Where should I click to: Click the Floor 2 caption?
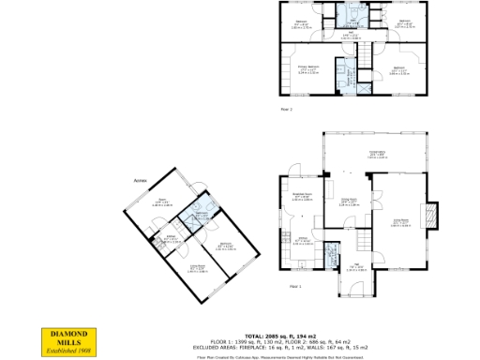click(286, 110)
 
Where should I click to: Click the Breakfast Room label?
click(302, 194)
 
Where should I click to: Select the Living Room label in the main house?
click(401, 223)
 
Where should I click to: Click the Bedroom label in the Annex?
click(226, 246)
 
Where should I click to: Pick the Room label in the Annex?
click(162, 201)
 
